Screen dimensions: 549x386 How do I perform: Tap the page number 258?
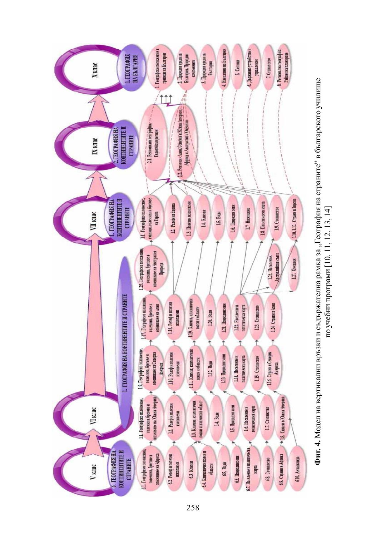coord(193,508)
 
